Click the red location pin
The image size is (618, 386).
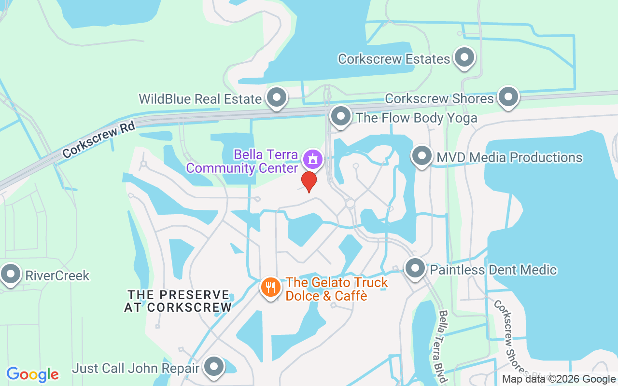[309, 181]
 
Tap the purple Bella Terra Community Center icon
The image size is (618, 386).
[312, 158]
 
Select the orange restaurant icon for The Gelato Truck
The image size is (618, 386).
[271, 288]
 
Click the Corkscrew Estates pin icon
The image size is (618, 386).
[464, 57]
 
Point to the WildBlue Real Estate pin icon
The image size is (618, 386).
[277, 97]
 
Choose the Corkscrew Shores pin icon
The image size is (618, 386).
[508, 96]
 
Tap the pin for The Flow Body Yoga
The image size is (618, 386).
[341, 116]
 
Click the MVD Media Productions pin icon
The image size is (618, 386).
[422, 156]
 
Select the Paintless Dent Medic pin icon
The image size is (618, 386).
[415, 268]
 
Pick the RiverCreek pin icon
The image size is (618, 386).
[11, 275]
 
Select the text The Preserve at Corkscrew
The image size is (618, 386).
[178, 301]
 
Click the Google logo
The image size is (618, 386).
[33, 374]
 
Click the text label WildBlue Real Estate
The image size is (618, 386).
[200, 99]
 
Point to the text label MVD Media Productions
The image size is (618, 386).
[509, 157]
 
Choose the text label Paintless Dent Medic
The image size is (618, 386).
[493, 270]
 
